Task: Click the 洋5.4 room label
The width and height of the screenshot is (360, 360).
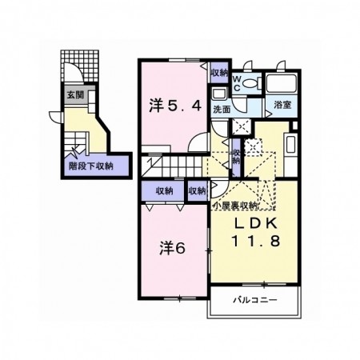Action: [175, 106]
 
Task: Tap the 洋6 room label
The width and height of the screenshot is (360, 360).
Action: [173, 249]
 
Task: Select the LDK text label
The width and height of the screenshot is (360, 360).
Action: [255, 223]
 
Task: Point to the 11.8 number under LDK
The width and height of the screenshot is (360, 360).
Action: [256, 241]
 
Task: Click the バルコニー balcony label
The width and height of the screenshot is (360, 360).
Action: [255, 300]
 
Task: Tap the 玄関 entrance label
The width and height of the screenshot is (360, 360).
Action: [75, 94]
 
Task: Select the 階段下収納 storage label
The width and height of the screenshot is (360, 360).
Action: [91, 166]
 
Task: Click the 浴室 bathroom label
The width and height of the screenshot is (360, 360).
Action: [282, 105]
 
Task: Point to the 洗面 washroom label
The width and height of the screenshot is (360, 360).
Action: [222, 109]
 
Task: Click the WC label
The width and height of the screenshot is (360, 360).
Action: [237, 83]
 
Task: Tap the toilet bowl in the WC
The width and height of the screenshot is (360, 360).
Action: [252, 83]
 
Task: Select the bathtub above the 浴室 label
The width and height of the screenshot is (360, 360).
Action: [282, 83]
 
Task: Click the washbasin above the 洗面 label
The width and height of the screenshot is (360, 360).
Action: [219, 94]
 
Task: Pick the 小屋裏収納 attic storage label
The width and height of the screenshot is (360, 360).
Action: [235, 206]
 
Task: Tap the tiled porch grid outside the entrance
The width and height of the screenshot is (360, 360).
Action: [80, 66]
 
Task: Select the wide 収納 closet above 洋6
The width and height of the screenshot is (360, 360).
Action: [162, 191]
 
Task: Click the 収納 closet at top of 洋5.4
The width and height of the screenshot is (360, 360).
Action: [219, 73]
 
